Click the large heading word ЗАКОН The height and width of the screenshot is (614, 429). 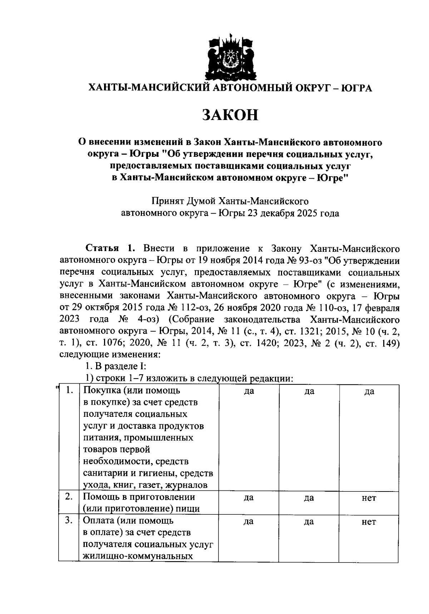click(x=230, y=115)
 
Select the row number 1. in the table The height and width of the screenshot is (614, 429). click(x=70, y=391)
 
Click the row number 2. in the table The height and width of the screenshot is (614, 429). click(x=70, y=497)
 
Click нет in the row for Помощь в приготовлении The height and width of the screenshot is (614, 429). click(x=369, y=498)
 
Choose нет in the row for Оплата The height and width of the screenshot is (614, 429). click(x=369, y=522)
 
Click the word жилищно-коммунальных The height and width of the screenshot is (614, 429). click(x=138, y=556)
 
